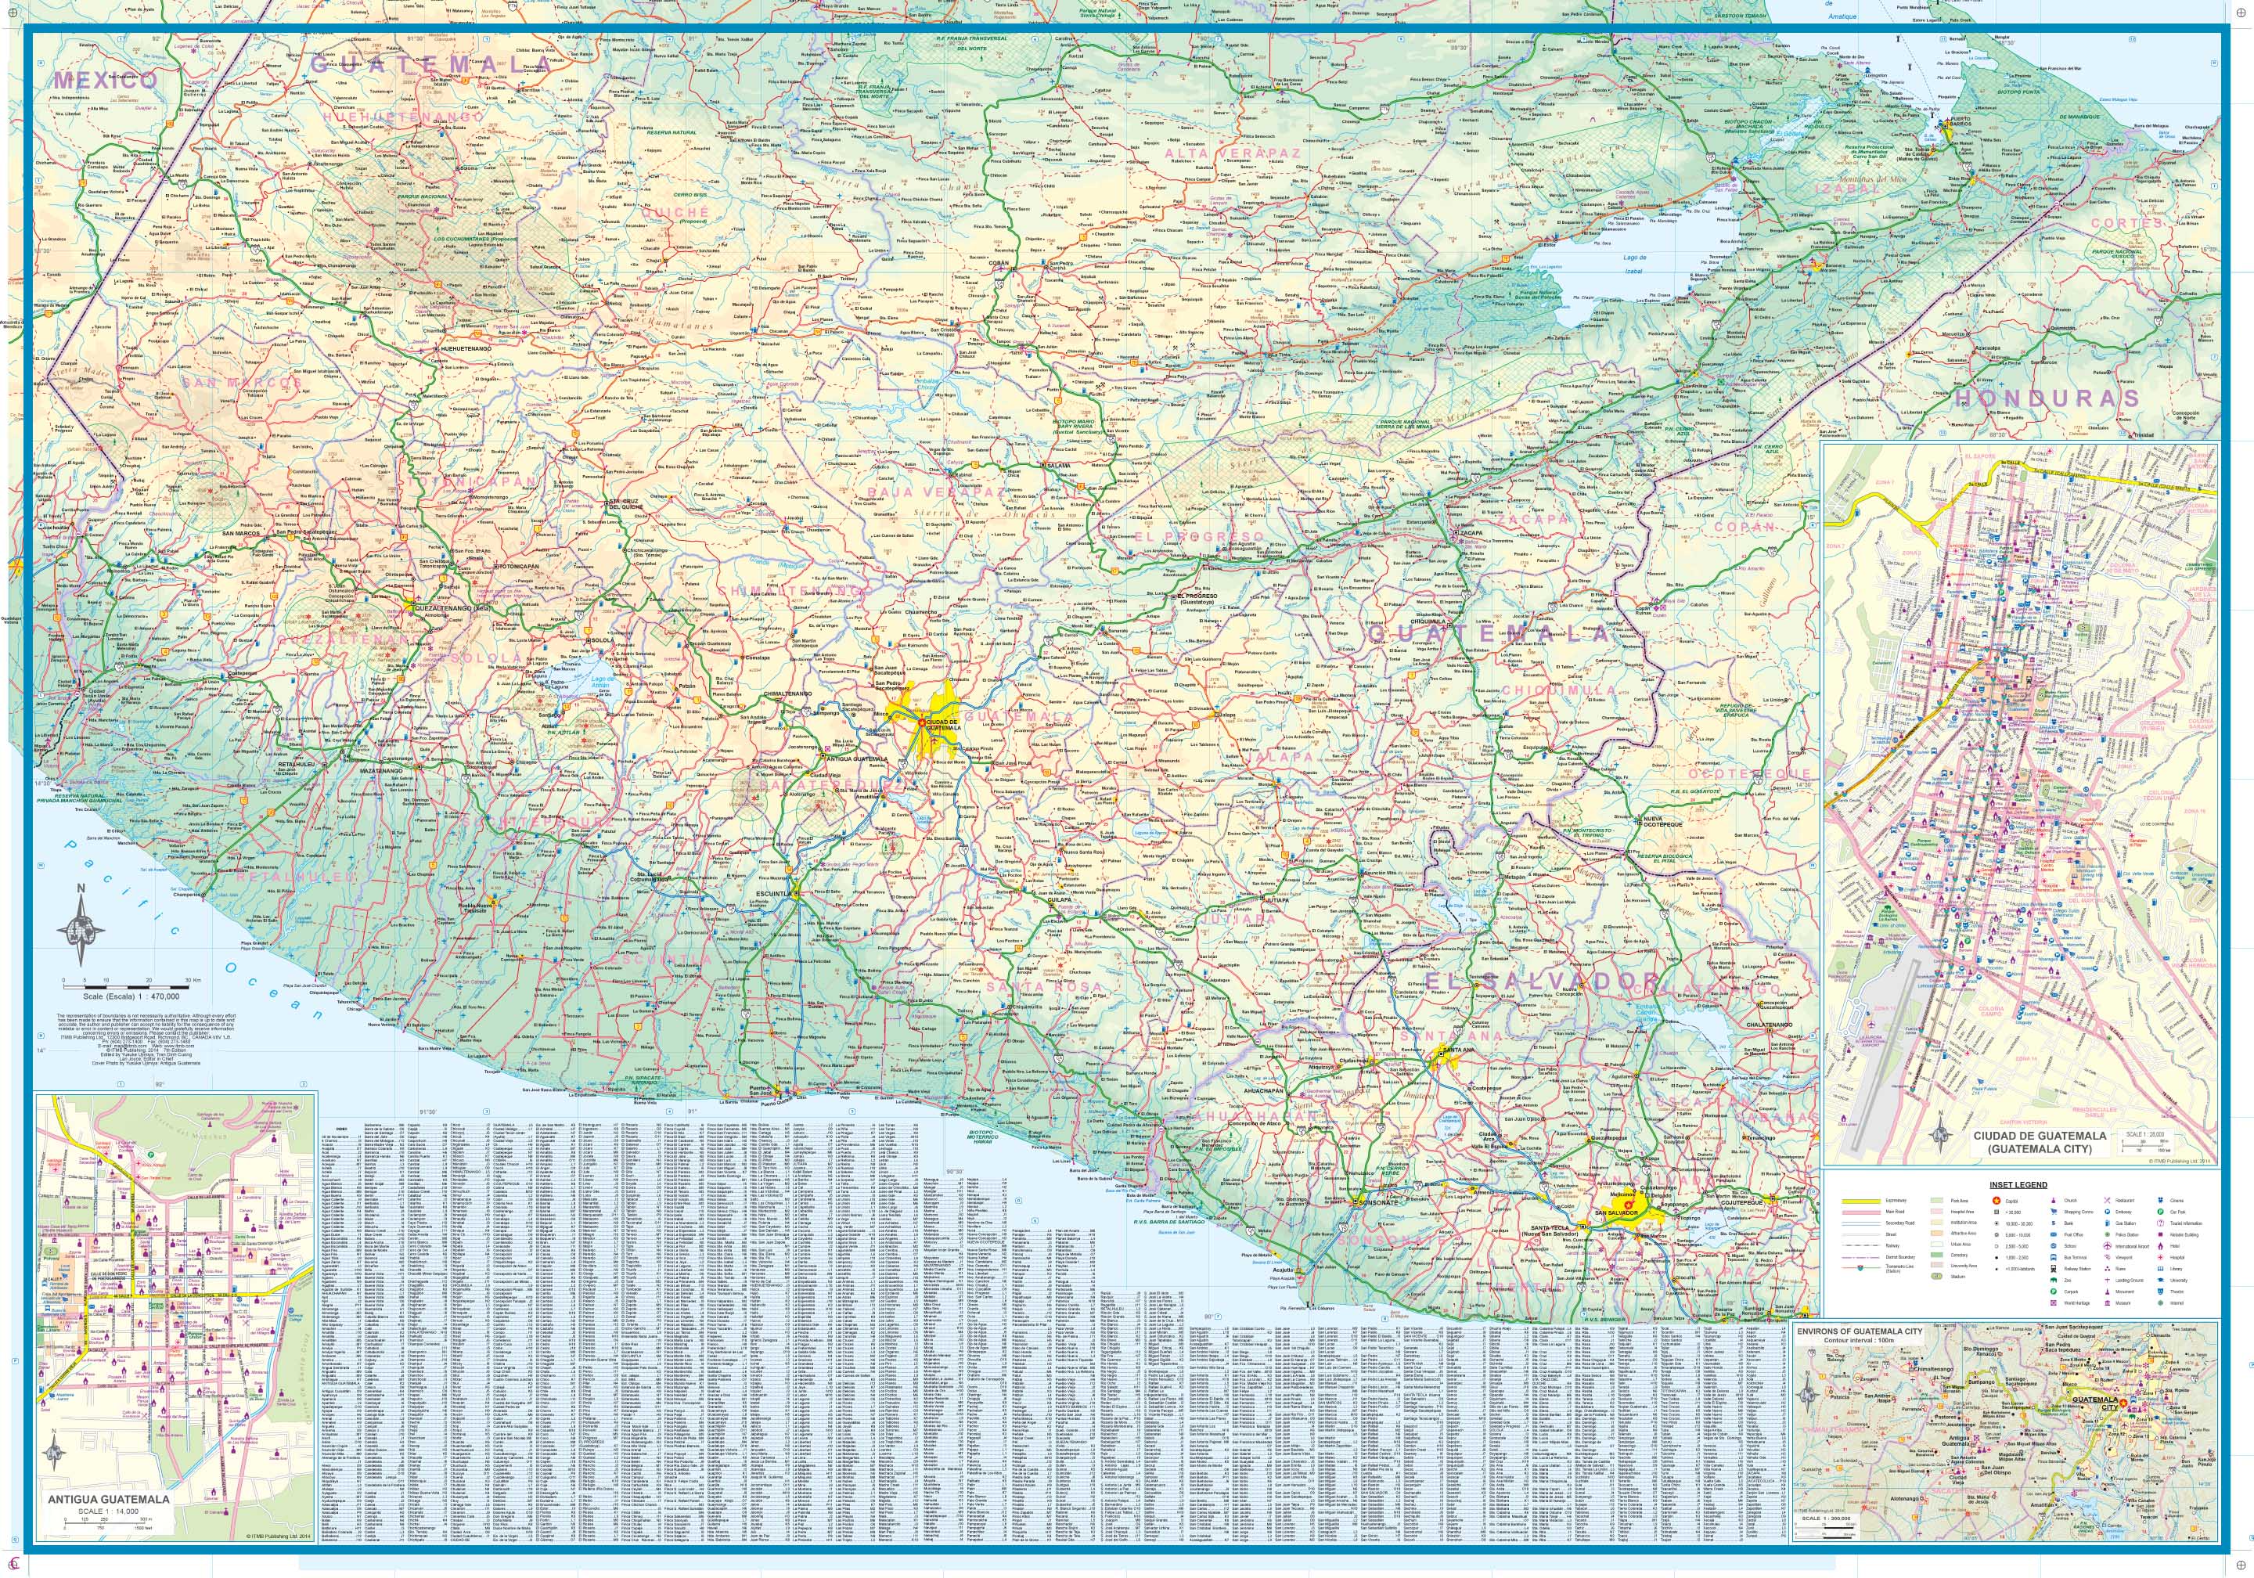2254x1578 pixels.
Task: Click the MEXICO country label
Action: point(105,81)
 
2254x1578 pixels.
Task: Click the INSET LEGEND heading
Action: point(2018,1184)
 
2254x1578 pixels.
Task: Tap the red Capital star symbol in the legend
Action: point(1995,1200)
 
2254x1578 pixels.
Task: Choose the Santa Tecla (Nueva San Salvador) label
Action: point(1545,1230)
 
